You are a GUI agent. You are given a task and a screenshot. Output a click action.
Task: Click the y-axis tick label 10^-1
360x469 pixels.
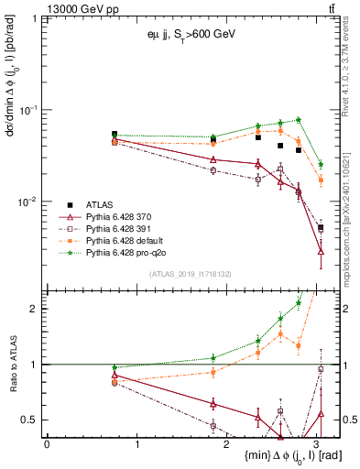(x=30, y=110)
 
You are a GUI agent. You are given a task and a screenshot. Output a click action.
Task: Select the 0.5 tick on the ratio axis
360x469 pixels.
(x=33, y=420)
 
